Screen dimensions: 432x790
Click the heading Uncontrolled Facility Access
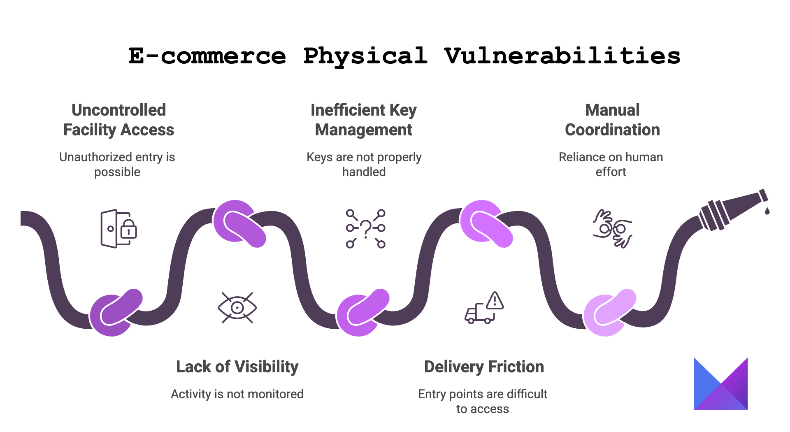click(118, 120)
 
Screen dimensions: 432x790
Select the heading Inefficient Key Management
click(364, 120)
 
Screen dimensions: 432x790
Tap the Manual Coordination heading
click(612, 120)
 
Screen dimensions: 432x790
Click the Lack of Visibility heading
click(237, 367)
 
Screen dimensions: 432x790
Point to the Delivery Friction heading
click(484, 367)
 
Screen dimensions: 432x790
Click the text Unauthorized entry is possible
click(117, 164)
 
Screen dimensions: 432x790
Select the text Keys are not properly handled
click(364, 164)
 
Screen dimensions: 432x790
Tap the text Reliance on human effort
click(611, 164)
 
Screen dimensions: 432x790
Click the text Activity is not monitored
click(237, 394)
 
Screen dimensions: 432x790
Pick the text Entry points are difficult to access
click(483, 401)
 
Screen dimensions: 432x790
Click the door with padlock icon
click(118, 229)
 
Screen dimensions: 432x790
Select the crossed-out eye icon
click(237, 308)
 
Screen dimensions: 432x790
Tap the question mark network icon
click(366, 229)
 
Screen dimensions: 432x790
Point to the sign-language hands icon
click(612, 229)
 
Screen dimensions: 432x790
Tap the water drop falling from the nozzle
click(767, 211)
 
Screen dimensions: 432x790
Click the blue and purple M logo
click(720, 384)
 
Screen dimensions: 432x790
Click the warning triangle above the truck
click(495, 301)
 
